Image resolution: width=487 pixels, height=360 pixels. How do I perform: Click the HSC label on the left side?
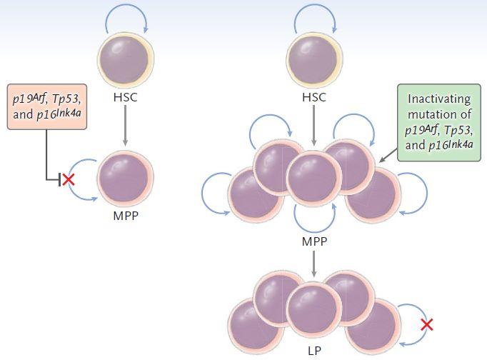126,98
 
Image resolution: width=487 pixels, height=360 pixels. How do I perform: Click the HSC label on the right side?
313,98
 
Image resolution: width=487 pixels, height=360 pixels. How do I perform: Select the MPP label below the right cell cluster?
313,241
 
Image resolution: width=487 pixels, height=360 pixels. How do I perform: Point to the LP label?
313,352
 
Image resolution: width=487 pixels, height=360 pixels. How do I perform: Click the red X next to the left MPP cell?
69,179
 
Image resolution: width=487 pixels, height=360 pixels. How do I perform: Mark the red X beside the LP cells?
427,325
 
